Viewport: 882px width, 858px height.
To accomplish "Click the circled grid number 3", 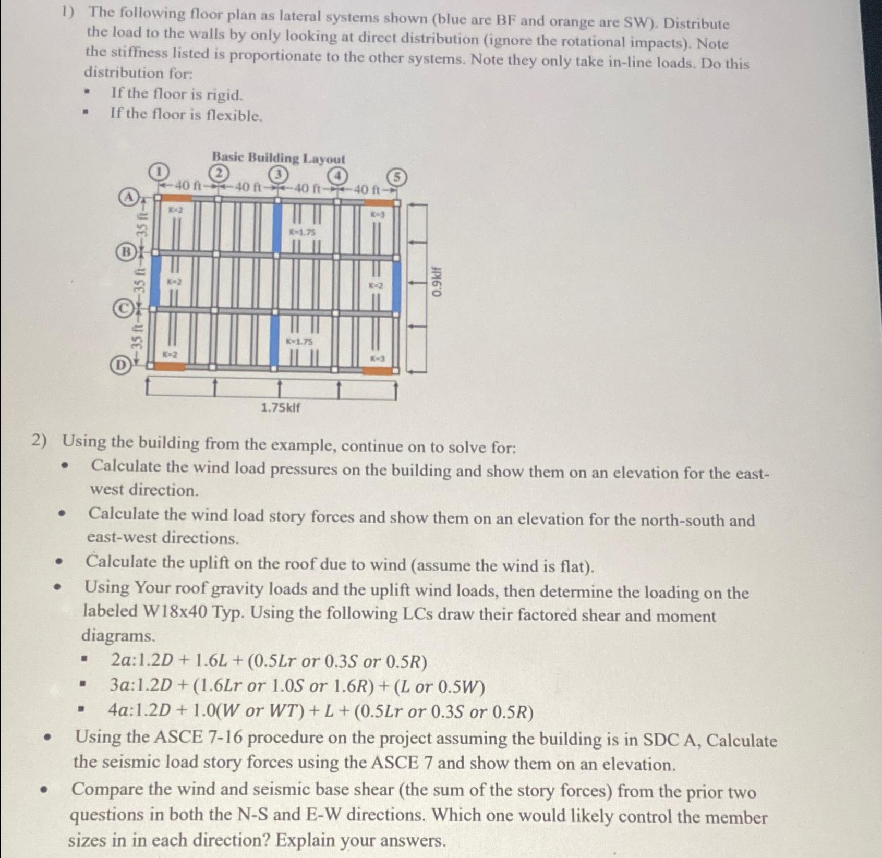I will point(279,174).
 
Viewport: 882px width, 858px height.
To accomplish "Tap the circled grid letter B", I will point(125,252).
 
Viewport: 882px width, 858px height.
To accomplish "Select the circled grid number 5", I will point(397,177).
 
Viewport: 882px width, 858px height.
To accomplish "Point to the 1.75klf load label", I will point(280,407).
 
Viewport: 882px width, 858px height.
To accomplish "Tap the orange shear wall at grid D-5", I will point(378,370).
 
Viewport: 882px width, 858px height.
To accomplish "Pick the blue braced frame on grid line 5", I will point(396,287).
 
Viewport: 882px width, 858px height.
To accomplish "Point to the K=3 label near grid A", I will point(378,214).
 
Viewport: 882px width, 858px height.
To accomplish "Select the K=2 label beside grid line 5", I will point(376,286).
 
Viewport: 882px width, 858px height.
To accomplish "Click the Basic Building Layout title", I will point(278,158).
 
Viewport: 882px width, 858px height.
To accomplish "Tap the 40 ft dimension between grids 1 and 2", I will point(187,185).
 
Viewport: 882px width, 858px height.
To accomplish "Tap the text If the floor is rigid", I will point(177,94).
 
